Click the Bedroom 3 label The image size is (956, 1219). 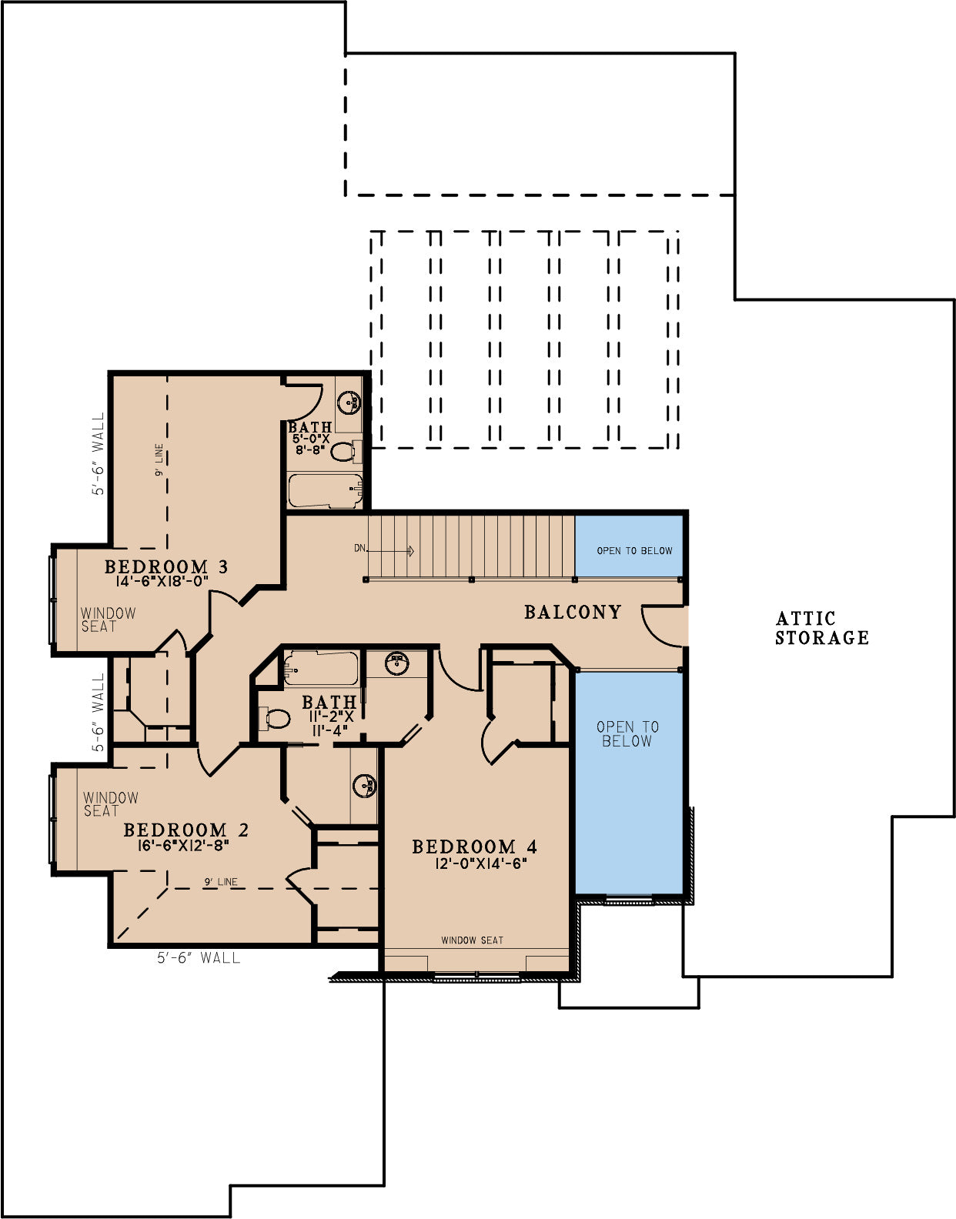coord(166,566)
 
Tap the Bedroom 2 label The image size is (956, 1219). coord(186,830)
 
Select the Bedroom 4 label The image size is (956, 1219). coord(475,847)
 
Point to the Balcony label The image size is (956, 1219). coord(573,612)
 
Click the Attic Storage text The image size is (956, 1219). coord(822,628)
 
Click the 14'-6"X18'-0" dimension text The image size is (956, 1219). coord(162,581)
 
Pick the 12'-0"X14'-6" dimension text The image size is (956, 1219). coord(480,863)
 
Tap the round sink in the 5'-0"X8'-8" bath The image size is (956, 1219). coord(349,402)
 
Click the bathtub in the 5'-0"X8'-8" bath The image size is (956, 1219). coord(326,491)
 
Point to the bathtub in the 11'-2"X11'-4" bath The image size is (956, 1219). coord(320,668)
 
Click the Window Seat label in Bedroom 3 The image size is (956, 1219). coord(109,620)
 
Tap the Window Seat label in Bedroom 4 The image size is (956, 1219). coord(472,940)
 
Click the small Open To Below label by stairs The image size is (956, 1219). coord(634,551)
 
